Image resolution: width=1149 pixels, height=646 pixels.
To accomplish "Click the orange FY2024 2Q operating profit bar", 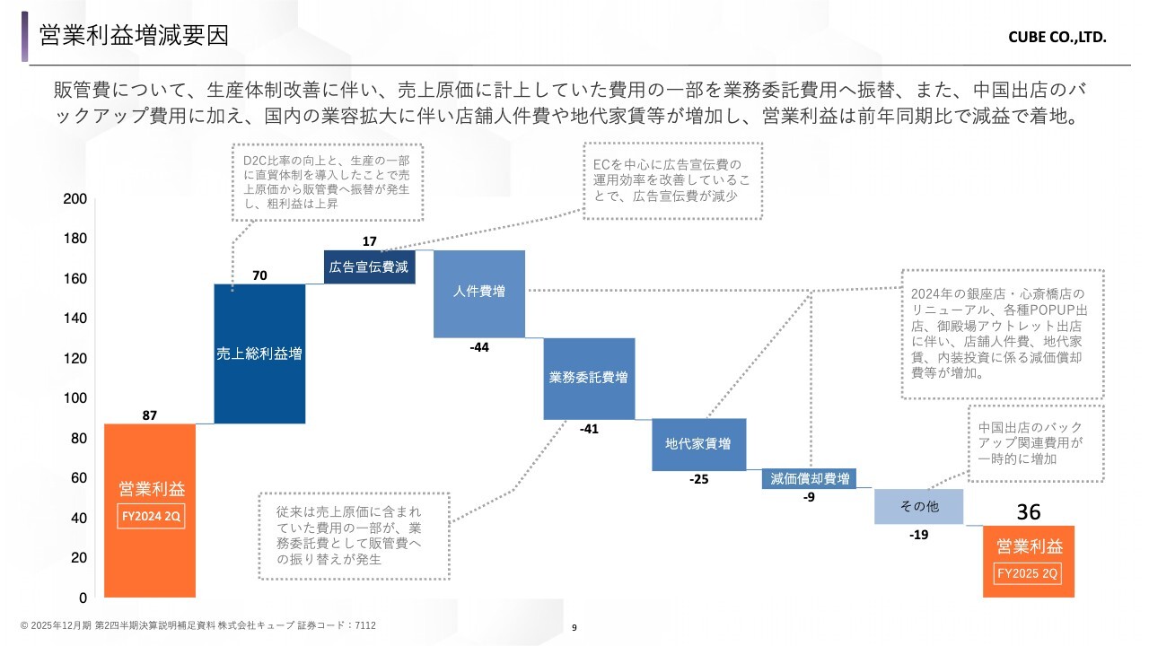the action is (x=150, y=511).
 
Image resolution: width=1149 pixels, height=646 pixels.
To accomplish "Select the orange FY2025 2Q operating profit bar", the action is (x=1029, y=562).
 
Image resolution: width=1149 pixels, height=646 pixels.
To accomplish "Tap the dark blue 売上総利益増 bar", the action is (x=259, y=354).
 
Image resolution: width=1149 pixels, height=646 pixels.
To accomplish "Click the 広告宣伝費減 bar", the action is (x=369, y=266).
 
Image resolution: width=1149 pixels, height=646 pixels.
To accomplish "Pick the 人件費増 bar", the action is (x=479, y=293).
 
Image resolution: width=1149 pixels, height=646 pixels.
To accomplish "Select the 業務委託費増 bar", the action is (x=589, y=379).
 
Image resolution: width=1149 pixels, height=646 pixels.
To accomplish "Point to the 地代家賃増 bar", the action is (x=698, y=444).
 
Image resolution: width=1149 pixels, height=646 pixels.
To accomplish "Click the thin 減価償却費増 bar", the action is (x=809, y=479).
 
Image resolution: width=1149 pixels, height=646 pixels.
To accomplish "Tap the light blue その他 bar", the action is (x=918, y=507).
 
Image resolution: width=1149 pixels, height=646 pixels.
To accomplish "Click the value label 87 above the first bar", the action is (x=150, y=415).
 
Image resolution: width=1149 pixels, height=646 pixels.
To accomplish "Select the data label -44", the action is (x=479, y=347).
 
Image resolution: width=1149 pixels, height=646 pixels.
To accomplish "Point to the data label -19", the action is (x=918, y=535).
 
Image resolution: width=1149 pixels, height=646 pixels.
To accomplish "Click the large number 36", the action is (x=1029, y=511).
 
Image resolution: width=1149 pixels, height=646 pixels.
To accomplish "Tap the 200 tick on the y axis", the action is (x=75, y=199).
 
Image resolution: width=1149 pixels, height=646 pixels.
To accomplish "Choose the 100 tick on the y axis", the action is (x=75, y=397).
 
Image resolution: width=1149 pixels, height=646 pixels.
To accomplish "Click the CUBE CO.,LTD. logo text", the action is (x=1057, y=38).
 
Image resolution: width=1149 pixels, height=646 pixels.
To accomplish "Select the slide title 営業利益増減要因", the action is (x=134, y=35).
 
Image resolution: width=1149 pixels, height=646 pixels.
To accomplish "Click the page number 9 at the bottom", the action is (x=574, y=627).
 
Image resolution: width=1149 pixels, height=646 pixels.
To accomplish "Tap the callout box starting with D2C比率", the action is (x=328, y=182).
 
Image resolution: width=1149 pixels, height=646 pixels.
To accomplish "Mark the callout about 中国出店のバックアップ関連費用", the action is (x=1036, y=443).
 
